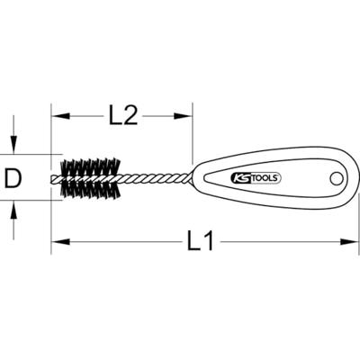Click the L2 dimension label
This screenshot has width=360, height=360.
(x=122, y=115)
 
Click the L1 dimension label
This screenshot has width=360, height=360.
(x=204, y=242)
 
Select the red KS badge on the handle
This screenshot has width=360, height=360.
(x=242, y=177)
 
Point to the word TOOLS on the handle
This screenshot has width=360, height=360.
(x=265, y=177)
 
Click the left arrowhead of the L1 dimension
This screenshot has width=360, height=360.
(x=57, y=241)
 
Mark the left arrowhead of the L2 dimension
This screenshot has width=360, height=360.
(x=57, y=115)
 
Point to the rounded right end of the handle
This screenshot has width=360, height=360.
(x=351, y=180)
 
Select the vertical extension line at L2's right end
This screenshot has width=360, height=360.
(x=193, y=135)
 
